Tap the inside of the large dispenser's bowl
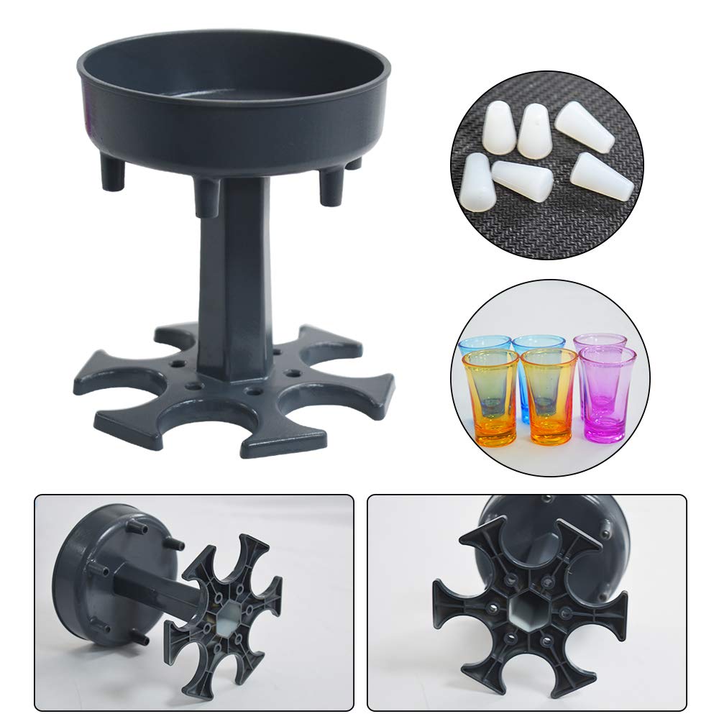click(x=230, y=79)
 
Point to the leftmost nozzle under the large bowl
click(x=112, y=173)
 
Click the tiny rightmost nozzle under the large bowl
click(x=353, y=163)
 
